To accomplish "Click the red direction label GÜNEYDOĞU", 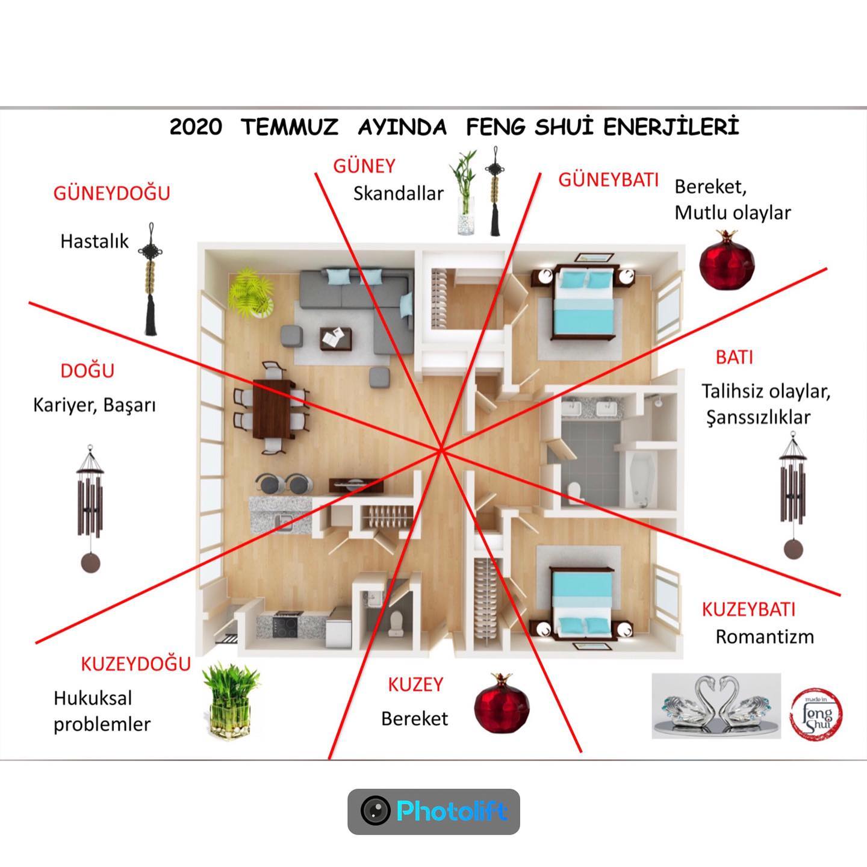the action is coord(111,193).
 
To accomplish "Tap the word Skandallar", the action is coord(398,194).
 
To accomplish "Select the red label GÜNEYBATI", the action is coord(608,180).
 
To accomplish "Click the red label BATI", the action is coord(735,358).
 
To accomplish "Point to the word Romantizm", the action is coord(765,637).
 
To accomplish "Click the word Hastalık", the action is coord(95,241).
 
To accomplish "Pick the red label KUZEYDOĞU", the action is coord(136,664).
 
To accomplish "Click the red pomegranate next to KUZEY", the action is coord(502,703).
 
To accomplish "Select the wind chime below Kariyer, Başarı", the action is coord(90,508).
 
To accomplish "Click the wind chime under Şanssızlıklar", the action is coord(793,495).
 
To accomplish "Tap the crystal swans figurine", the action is coord(716,706).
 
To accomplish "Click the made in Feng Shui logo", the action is coord(816,714).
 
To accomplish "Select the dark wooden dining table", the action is coord(272,409).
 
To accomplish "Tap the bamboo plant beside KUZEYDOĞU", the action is coord(231,700).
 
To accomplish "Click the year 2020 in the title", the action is coord(196,127).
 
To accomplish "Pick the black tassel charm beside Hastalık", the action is coord(151,279).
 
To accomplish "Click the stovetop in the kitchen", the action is coord(285,624).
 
